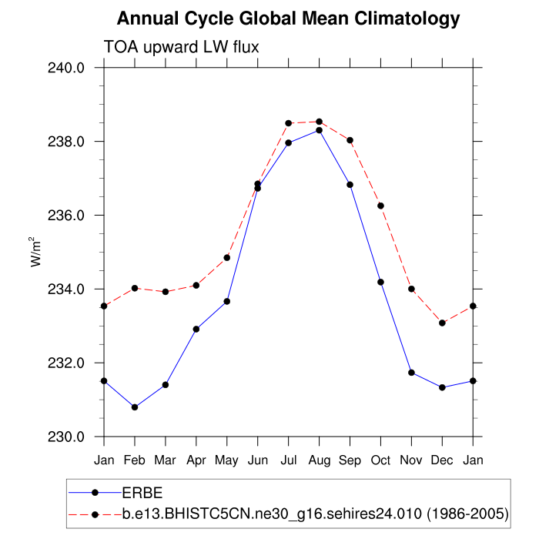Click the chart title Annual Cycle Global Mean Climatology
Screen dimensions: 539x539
pos(289,18)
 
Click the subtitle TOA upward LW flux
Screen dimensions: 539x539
pos(182,47)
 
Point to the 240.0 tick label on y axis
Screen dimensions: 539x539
pos(68,68)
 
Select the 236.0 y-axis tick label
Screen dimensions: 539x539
pos(68,216)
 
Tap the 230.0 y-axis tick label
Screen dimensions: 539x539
pos(68,437)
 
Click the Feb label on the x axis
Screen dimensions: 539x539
pos(135,460)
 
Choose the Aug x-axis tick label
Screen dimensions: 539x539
pos(320,460)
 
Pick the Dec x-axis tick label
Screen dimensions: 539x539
pos(442,460)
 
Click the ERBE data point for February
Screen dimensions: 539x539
pos(135,407)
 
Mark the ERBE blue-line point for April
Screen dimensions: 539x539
pos(196,330)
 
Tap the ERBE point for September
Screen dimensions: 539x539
pos(350,185)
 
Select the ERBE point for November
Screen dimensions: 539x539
pos(411,373)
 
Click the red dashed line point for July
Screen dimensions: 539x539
pos(289,123)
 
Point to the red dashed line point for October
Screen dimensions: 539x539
pos(380,206)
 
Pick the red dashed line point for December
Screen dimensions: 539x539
pos(442,323)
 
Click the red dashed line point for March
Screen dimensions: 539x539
pos(166,292)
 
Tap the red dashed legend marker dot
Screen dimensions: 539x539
pos(95,513)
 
